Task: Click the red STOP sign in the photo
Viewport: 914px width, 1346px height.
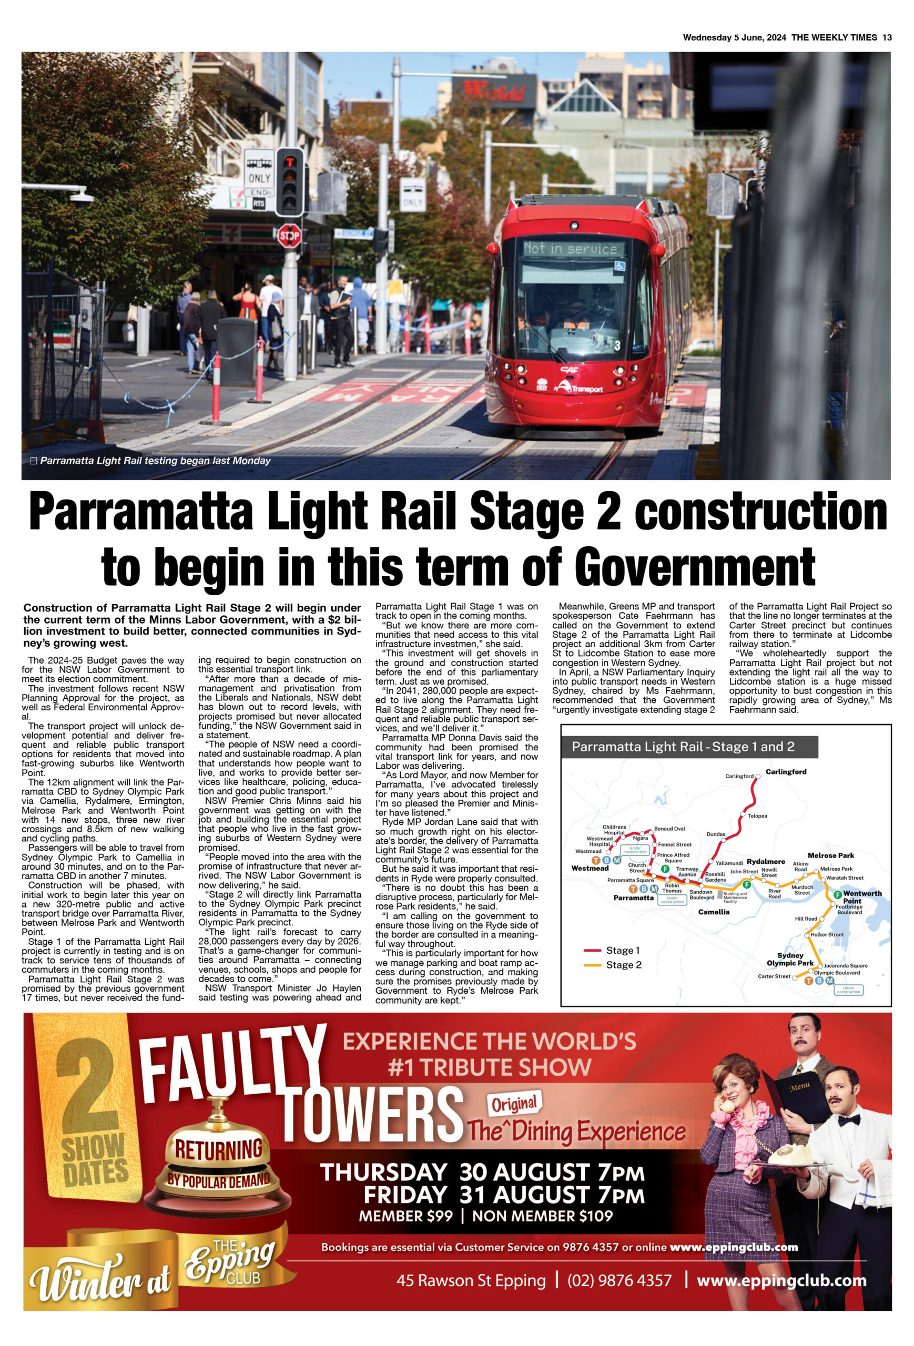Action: pyautogui.click(x=289, y=236)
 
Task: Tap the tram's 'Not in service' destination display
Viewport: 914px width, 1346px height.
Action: pyautogui.click(x=571, y=249)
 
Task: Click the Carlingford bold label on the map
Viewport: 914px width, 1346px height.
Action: pyautogui.click(x=785, y=771)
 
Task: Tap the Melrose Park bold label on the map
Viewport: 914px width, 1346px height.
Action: pyautogui.click(x=830, y=855)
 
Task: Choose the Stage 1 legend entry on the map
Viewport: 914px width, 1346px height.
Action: pyautogui.click(x=623, y=951)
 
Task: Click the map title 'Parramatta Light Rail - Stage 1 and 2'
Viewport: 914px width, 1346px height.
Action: pyautogui.click(x=683, y=747)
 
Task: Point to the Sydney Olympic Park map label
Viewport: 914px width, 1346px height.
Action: pyautogui.click(x=790, y=959)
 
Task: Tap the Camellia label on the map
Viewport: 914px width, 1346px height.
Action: pyautogui.click(x=714, y=912)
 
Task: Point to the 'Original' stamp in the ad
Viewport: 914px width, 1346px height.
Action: pyautogui.click(x=514, y=1105)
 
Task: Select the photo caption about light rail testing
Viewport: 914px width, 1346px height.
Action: pyautogui.click(x=155, y=461)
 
